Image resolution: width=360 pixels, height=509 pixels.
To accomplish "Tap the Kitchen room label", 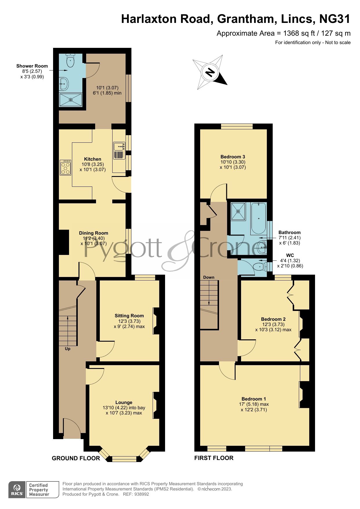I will [x=93, y=159].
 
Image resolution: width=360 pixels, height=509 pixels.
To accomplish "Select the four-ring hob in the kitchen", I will [x=65, y=168].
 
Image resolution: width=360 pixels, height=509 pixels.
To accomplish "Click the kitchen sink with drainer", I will [x=119, y=151].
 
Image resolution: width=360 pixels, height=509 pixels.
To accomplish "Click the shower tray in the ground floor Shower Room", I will [x=70, y=100].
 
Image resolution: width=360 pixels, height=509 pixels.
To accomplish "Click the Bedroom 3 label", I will [x=233, y=157].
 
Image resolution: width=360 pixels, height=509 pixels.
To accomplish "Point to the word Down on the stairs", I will [x=209, y=277].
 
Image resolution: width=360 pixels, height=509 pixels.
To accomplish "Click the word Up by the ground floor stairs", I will [x=68, y=349].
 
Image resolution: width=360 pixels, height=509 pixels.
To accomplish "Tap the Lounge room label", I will [x=124, y=402].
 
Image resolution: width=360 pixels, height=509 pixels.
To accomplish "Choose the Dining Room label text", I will [x=93, y=233].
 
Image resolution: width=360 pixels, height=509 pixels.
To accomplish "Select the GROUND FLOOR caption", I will [x=76, y=458].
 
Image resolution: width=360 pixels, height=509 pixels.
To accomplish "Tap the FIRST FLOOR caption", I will [x=214, y=458].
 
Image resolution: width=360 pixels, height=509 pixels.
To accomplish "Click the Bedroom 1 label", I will [x=254, y=399].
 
